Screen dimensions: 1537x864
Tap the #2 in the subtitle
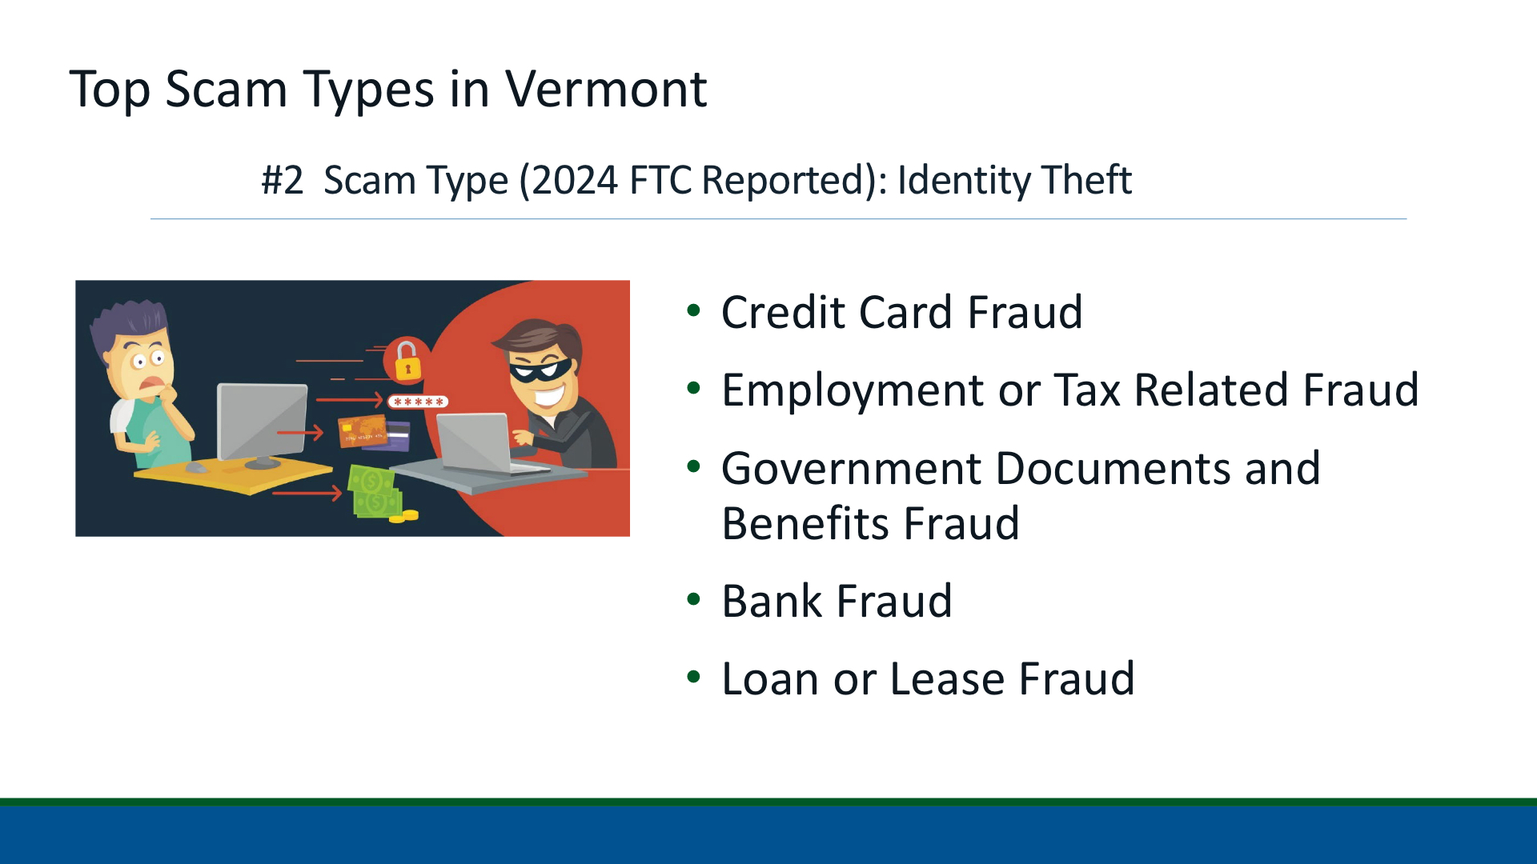point(283,180)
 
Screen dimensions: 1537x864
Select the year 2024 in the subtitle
point(574,180)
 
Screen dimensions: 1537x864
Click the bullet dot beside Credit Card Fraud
point(693,310)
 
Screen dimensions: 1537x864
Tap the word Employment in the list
point(853,392)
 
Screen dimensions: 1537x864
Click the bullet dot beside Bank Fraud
point(693,599)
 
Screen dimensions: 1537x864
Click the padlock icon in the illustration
point(407,359)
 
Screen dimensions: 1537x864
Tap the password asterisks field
point(418,402)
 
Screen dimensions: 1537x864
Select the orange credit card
point(363,431)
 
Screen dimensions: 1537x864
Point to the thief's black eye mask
point(540,369)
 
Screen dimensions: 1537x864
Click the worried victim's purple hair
point(127,324)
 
